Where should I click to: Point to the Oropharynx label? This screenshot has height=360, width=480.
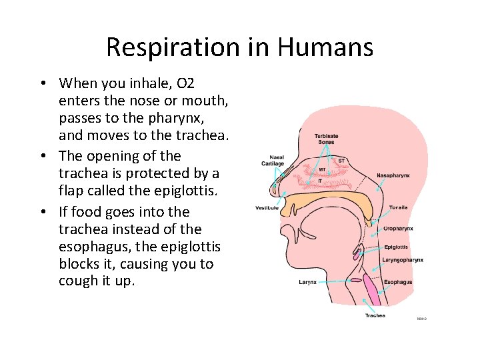click(398, 228)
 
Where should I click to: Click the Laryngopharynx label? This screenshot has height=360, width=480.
click(403, 260)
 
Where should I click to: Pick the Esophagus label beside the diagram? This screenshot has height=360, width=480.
click(398, 282)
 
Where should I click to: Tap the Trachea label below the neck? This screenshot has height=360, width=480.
click(375, 315)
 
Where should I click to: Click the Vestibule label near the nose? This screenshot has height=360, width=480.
click(267, 208)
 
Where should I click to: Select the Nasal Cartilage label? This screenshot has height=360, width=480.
click(272, 161)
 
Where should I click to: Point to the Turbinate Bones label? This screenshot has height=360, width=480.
click(326, 139)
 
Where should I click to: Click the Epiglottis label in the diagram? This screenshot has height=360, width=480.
click(397, 247)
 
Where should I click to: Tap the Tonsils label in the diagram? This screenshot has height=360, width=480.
click(398, 207)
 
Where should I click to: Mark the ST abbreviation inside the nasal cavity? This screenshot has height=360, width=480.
click(341, 161)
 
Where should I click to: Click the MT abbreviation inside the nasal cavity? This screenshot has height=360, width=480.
click(322, 169)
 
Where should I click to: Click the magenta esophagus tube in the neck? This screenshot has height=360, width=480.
click(371, 287)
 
